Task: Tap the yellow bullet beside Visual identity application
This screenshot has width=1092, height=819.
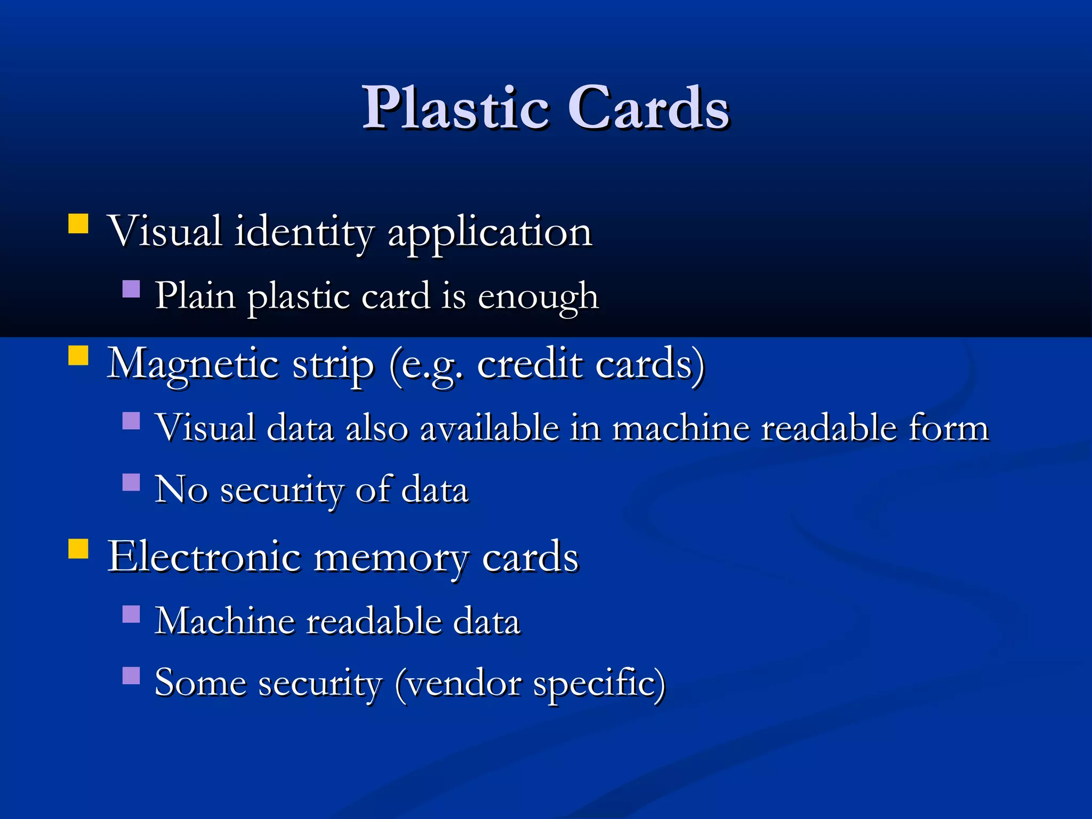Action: pos(78,224)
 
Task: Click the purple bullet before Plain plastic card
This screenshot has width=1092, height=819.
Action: pos(131,290)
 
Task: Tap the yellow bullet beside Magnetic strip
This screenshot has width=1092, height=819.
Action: pos(78,356)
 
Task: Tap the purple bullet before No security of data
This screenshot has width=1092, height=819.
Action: pos(131,482)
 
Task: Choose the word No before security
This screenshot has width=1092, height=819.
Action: pos(181,489)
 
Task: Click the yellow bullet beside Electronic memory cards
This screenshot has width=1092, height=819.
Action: pos(78,549)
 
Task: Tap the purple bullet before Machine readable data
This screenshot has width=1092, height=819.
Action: pos(131,614)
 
